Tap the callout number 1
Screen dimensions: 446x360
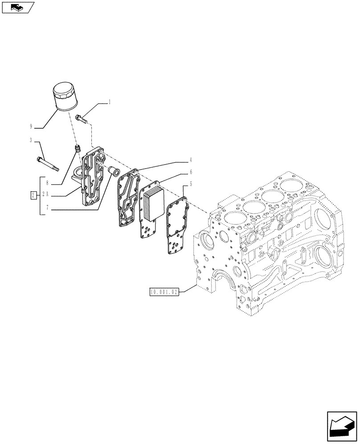tap(110, 103)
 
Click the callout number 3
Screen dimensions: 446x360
tap(31, 140)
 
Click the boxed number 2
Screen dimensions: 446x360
tap(33, 195)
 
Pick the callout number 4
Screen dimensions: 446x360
tap(190, 159)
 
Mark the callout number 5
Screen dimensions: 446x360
tap(190, 184)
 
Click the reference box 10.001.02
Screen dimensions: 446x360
tap(164, 293)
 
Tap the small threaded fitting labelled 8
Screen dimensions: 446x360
tap(77, 149)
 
